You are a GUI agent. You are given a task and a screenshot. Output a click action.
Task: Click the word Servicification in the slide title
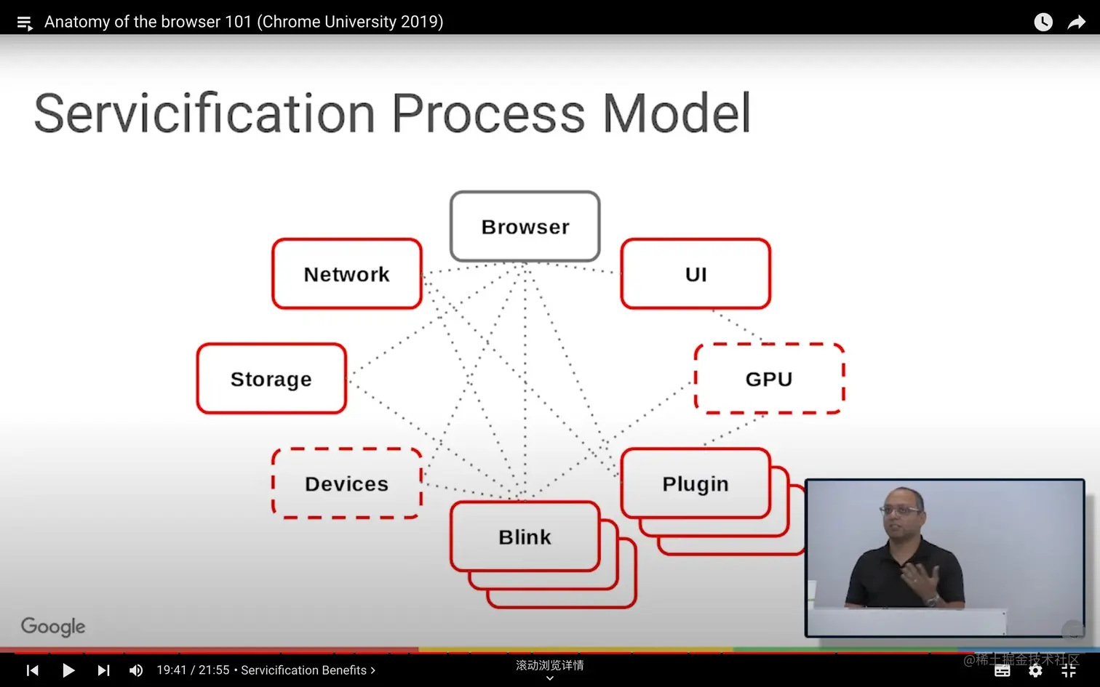[204, 113]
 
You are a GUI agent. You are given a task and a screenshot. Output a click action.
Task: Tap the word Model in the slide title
[677, 113]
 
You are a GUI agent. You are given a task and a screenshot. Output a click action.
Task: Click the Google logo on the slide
[53, 627]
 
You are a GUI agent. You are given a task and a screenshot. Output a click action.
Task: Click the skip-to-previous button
[33, 670]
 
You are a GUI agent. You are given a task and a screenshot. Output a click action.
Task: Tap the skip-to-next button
[103, 670]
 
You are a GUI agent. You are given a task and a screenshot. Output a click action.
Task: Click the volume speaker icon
[136, 670]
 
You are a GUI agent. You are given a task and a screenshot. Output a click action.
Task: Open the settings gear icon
[1035, 670]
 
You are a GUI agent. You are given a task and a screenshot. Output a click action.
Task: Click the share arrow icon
[1076, 22]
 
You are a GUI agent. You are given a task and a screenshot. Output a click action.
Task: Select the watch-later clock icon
[1043, 22]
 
